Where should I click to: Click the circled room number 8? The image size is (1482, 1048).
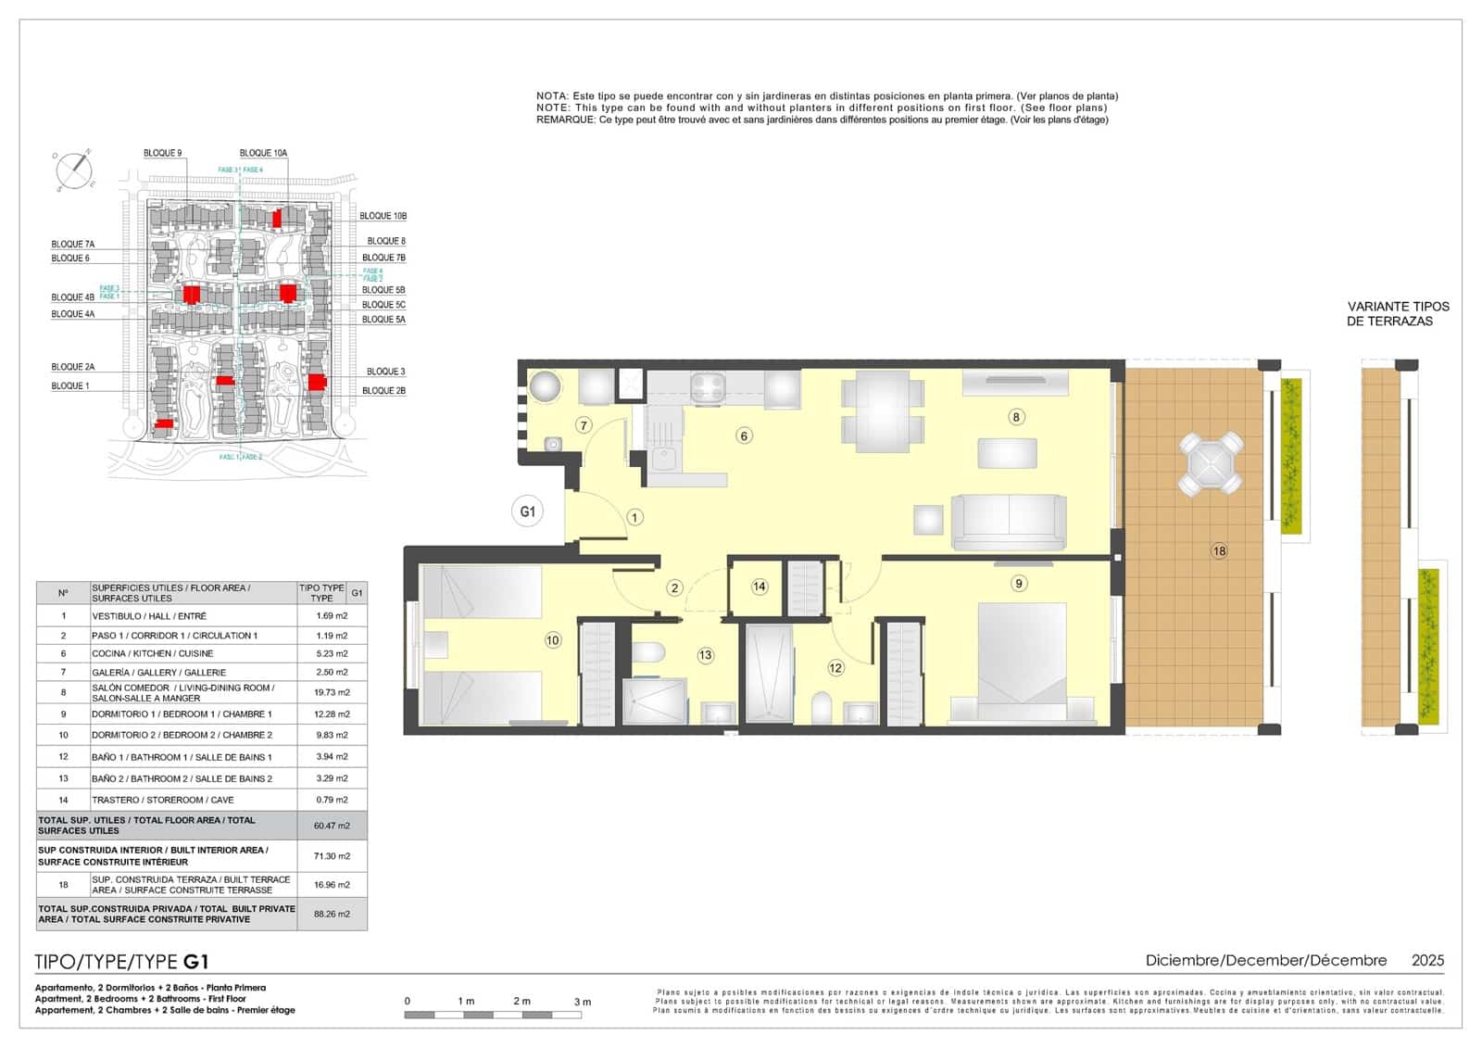[1016, 417]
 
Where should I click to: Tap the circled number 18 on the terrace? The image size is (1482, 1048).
[1219, 551]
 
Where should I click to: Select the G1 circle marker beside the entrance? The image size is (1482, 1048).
[527, 511]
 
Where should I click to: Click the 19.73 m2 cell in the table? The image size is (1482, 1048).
[332, 692]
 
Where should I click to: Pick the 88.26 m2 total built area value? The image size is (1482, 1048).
[332, 914]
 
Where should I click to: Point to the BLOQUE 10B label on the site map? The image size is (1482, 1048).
[383, 216]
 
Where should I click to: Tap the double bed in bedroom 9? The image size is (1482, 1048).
[1022, 663]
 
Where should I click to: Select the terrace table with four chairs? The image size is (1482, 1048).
[1211, 462]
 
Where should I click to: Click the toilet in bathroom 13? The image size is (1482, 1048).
[648, 652]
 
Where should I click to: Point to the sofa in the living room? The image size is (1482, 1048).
[1009, 523]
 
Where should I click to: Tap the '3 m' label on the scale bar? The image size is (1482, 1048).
[582, 1002]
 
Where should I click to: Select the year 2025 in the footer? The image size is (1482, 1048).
[1427, 961]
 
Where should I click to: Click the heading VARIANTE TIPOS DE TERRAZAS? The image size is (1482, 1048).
[1398, 313]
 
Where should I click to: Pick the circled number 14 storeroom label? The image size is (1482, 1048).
[760, 587]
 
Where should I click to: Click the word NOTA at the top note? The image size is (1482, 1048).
[552, 96]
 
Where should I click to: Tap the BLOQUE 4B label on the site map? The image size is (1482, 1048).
[72, 297]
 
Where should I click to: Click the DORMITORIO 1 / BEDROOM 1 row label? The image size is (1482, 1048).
[182, 714]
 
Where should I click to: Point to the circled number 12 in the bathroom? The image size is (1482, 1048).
[835, 667]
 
